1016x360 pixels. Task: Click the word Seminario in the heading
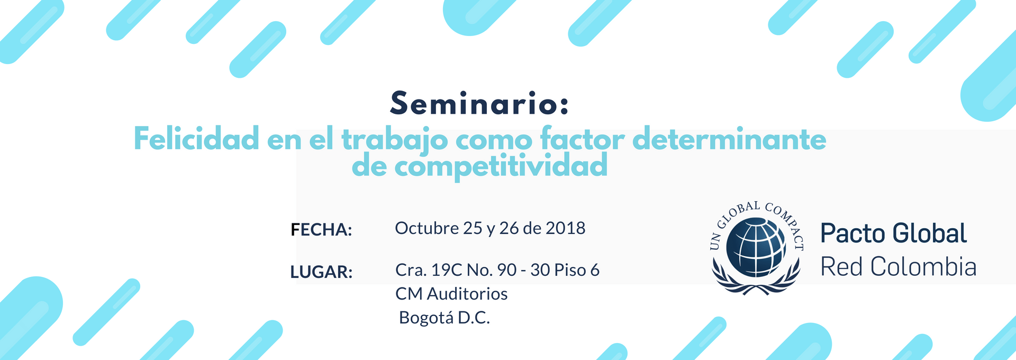(474, 103)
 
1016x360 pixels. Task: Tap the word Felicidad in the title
(196, 139)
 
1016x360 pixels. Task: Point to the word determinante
(729, 139)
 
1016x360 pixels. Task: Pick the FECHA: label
(321, 230)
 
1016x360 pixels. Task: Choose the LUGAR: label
(321, 272)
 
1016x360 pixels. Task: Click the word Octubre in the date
(427, 228)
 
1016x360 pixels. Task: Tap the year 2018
(566, 228)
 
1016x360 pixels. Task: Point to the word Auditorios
(467, 294)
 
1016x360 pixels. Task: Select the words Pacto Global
(894, 233)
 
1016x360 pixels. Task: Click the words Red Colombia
(899, 267)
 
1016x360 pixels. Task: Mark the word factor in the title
(582, 139)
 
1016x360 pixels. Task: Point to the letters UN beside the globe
(715, 241)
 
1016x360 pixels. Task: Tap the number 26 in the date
(509, 228)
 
